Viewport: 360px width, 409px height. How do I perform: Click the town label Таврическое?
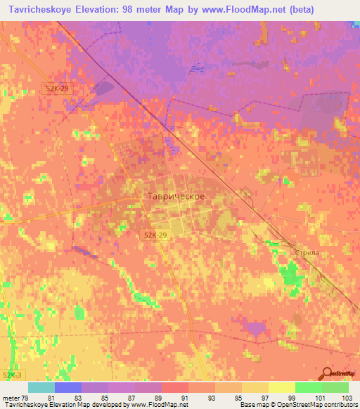[x=176, y=197]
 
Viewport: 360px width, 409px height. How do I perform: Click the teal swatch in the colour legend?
[x=41, y=387]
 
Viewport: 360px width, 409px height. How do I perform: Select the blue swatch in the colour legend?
[x=68, y=387]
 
